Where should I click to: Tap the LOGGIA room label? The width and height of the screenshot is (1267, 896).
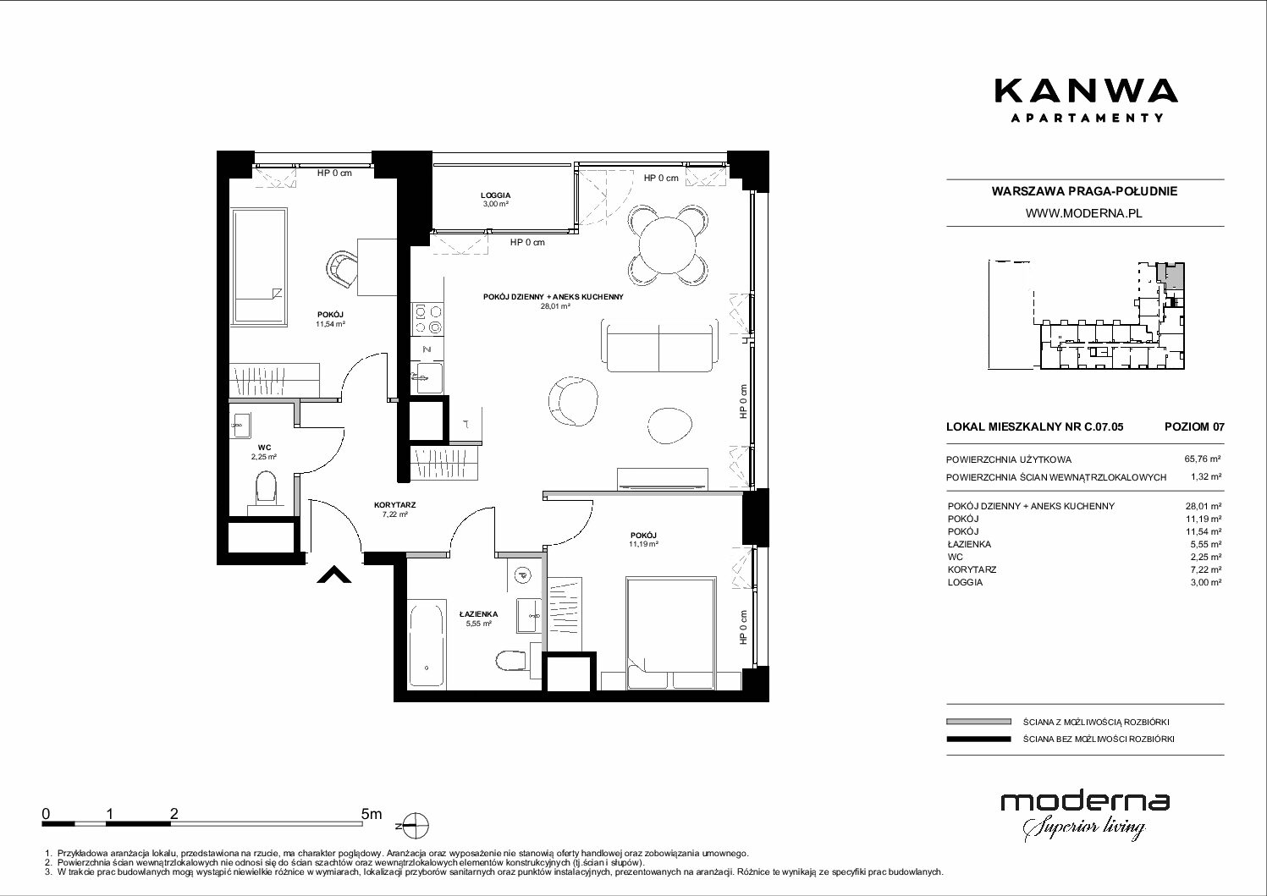pyautogui.click(x=495, y=195)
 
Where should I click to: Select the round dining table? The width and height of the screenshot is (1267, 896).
pyautogui.click(x=668, y=245)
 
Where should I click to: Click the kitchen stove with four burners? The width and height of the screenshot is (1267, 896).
pyautogui.click(x=428, y=319)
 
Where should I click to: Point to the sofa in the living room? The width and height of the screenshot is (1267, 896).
pyautogui.click(x=659, y=345)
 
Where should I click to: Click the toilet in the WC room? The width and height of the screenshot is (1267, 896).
pyautogui.click(x=265, y=491)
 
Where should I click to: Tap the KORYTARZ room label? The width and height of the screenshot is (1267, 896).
pyautogui.click(x=394, y=505)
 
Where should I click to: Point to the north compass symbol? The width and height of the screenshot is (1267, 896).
pyautogui.click(x=416, y=826)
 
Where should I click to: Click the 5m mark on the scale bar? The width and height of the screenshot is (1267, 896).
pyautogui.click(x=372, y=814)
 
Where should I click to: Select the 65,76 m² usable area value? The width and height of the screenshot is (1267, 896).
pyautogui.click(x=1203, y=459)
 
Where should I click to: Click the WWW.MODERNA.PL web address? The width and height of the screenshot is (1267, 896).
pyautogui.click(x=1083, y=213)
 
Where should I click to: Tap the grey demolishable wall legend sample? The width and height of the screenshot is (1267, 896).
pyautogui.click(x=978, y=722)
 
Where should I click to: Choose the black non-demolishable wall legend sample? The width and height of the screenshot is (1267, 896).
pyautogui.click(x=978, y=739)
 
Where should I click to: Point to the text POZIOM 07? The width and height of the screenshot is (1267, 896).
pyautogui.click(x=1194, y=426)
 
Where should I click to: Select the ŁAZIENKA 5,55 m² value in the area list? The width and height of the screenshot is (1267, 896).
pyautogui.click(x=1204, y=544)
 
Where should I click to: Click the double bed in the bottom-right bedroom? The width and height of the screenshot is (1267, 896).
pyautogui.click(x=671, y=633)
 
